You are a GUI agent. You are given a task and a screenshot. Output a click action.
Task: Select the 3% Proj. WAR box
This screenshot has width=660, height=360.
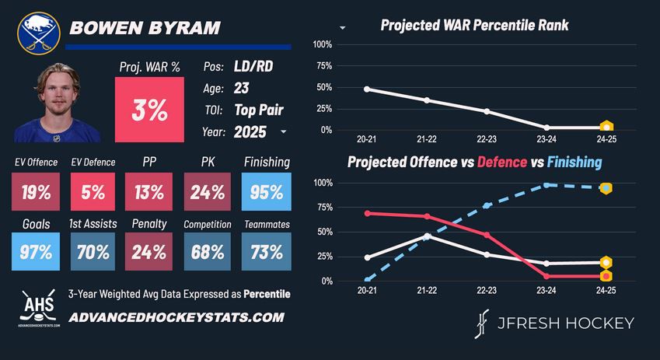tap(149, 110)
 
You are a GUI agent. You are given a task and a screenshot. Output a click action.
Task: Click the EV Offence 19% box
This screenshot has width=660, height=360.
tap(37, 191)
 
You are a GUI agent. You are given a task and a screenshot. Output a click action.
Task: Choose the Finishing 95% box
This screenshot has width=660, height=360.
tap(267, 191)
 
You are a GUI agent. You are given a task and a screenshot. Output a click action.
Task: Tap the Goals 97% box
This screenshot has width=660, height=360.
tap(37, 253)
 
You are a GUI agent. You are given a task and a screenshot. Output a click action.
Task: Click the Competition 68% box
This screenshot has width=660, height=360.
tap(208, 253)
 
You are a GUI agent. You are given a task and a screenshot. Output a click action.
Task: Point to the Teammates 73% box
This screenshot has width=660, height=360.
tap(267, 253)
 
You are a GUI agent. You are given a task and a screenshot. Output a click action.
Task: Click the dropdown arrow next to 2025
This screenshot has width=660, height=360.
tap(284, 132)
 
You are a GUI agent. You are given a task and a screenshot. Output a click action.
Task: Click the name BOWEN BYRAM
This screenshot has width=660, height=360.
tap(145, 28)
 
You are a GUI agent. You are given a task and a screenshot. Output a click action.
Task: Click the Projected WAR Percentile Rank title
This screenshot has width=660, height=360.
tap(474, 26)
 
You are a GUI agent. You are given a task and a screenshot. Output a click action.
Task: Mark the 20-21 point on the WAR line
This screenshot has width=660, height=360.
tap(367, 89)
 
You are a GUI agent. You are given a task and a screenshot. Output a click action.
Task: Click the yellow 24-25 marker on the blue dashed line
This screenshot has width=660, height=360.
tap(606, 188)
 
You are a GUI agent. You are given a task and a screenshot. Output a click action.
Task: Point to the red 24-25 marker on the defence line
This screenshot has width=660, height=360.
tap(606, 276)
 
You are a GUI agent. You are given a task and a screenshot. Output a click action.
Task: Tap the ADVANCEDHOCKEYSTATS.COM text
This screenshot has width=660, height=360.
tap(176, 317)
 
